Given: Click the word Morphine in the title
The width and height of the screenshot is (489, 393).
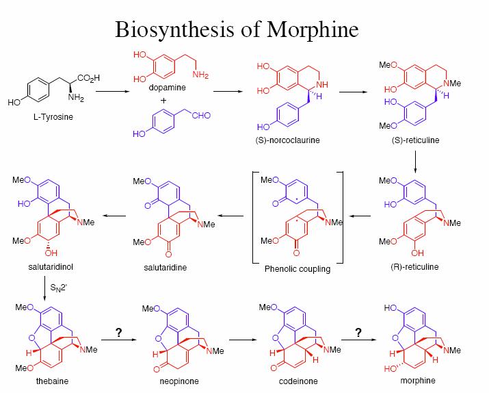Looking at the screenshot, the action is pyautogui.click(x=312, y=30).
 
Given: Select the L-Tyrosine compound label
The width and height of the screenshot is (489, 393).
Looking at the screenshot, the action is pyautogui.click(x=53, y=117).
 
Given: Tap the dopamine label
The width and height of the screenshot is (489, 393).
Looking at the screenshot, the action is pyautogui.click(x=167, y=88).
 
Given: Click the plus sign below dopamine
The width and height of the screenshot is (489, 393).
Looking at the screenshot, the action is pyautogui.click(x=163, y=101).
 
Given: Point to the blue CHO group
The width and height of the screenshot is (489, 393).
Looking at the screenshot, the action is pyautogui.click(x=201, y=116).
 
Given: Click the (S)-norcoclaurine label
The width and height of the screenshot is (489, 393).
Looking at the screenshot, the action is pyautogui.click(x=287, y=140).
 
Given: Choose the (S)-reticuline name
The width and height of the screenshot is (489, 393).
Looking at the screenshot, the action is pyautogui.click(x=415, y=140).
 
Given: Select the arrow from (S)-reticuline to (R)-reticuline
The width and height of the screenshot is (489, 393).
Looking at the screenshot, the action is pyautogui.click(x=415, y=162).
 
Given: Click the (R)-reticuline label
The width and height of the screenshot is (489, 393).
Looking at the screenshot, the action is pyautogui.click(x=414, y=267).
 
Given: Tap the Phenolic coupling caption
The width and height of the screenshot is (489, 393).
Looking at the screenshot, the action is pyautogui.click(x=298, y=269).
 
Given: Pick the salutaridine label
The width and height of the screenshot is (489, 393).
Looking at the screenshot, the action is pyautogui.click(x=166, y=268).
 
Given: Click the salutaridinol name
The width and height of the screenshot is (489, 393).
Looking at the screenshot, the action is pyautogui.click(x=51, y=267).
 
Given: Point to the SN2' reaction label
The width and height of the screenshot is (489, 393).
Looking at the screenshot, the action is pyautogui.click(x=58, y=288).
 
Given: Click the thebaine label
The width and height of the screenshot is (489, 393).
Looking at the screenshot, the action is pyautogui.click(x=52, y=381).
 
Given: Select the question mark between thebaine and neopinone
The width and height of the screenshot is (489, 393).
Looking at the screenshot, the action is pyautogui.click(x=118, y=333).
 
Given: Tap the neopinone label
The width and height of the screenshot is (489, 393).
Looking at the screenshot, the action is pyautogui.click(x=179, y=381).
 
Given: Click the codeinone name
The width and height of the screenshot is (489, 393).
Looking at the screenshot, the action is pyautogui.click(x=298, y=381).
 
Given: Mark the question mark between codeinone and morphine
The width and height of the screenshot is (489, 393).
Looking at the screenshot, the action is pyautogui.click(x=358, y=333).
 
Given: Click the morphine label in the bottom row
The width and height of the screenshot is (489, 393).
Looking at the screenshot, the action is pyautogui.click(x=418, y=381).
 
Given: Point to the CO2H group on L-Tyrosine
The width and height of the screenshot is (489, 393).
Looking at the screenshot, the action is pyautogui.click(x=89, y=78).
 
